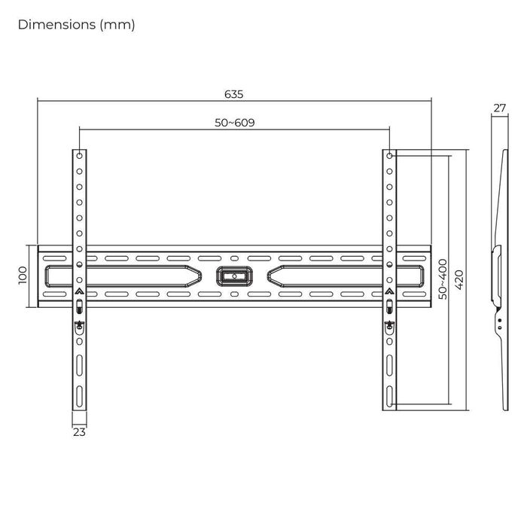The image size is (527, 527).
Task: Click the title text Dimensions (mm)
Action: [x=76, y=25]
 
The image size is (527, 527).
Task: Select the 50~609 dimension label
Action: [x=233, y=123]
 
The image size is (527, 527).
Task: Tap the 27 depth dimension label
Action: [x=499, y=108]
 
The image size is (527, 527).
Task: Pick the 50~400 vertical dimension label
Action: [x=443, y=279]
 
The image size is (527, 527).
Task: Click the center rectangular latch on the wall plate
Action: [x=233, y=276]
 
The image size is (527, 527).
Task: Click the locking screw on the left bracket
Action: [x=80, y=325]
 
